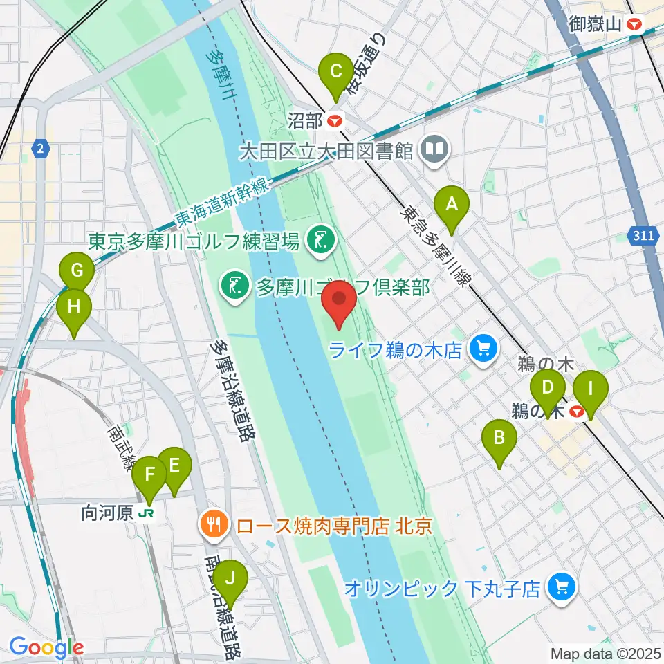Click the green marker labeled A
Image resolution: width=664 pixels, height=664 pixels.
coord(451,205)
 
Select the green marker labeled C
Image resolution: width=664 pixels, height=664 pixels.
coord(335,71)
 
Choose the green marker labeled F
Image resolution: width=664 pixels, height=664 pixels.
coord(149,475)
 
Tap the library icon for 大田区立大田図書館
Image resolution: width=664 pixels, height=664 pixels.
coord(436,149)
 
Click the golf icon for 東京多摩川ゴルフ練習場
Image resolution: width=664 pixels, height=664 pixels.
coord(320,241)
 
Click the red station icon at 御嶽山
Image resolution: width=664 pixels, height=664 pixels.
coord(634,25)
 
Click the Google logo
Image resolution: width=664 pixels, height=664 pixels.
coord(46,648)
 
